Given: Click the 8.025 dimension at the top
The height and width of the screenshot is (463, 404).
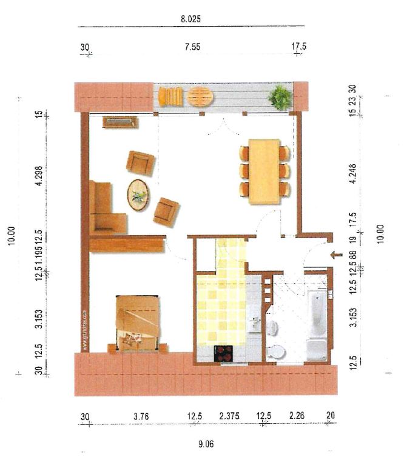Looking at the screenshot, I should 190,19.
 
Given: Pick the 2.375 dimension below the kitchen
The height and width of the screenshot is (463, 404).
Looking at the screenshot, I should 229,416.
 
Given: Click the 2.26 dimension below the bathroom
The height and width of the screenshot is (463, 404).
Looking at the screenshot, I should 297,416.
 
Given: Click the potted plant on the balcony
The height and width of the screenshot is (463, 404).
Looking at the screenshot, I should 280,97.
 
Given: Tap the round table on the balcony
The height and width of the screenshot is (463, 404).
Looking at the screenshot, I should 200,96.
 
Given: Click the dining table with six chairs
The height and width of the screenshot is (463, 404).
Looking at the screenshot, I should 264,172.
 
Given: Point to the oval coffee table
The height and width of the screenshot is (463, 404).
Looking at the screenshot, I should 138,195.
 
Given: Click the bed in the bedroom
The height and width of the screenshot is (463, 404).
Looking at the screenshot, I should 139,322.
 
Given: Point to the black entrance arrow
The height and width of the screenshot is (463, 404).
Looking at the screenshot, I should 334,255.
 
